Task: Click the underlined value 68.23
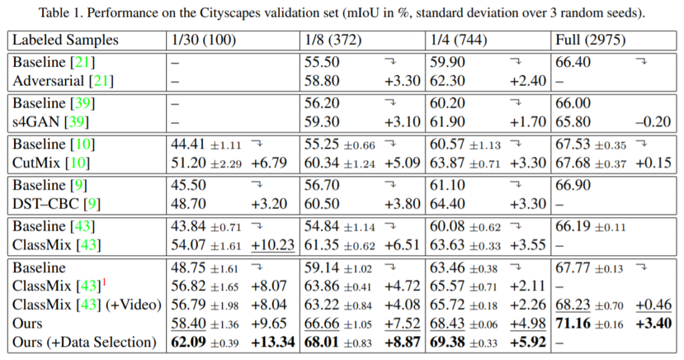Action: tap(572, 305)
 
